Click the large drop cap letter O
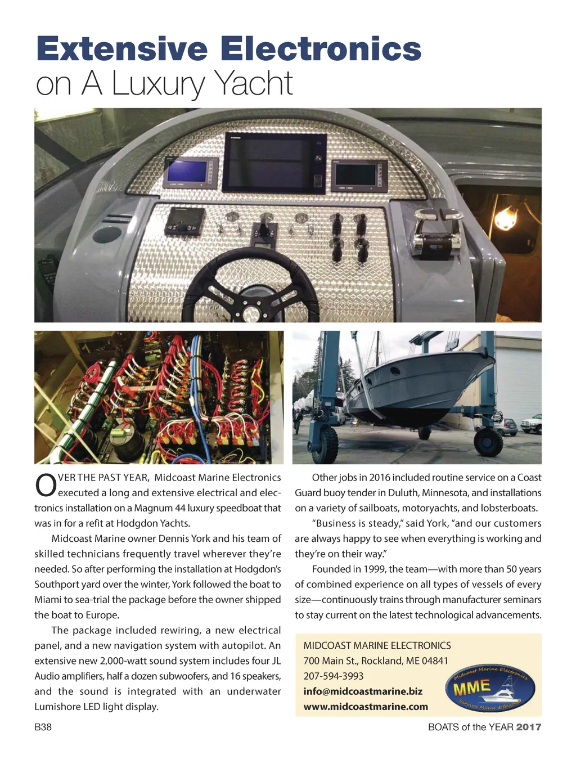[x=45, y=487]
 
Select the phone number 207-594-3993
[x=334, y=676]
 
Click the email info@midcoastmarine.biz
[x=363, y=691]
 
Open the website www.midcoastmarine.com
[x=366, y=706]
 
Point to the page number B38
[x=43, y=727]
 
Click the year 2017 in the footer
[x=529, y=727]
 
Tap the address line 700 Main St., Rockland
[x=376, y=661]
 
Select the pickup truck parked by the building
[x=532, y=423]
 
